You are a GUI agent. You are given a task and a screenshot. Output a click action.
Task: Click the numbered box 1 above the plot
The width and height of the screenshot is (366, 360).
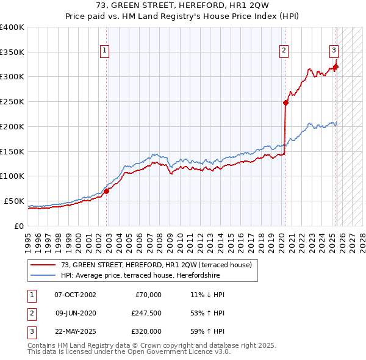coord(106,51)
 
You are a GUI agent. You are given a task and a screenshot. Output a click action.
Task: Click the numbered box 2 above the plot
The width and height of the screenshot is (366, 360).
coord(284,51)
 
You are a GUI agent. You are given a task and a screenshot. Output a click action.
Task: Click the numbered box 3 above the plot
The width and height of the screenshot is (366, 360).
coord(334,51)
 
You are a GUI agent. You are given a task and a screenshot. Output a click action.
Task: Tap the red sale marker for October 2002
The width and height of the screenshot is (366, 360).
coord(106,191)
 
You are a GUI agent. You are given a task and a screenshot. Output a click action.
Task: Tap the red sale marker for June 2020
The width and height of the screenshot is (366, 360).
coord(285,103)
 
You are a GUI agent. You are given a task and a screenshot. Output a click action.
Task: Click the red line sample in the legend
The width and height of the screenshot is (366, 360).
coord(43,265)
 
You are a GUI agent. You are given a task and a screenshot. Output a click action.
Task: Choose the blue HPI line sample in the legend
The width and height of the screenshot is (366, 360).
coord(43,275)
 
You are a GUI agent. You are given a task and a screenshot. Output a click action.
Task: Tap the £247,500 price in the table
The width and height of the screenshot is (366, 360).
coord(146,313)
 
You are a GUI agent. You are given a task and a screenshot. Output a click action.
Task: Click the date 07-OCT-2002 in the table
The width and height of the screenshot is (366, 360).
coord(75,295)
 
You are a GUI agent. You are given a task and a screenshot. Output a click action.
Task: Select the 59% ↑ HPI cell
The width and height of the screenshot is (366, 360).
coord(207,331)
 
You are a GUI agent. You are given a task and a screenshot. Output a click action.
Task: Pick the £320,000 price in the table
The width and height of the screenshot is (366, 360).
coord(146,331)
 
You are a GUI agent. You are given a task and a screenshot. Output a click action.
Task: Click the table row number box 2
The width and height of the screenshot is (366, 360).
coord(30,313)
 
